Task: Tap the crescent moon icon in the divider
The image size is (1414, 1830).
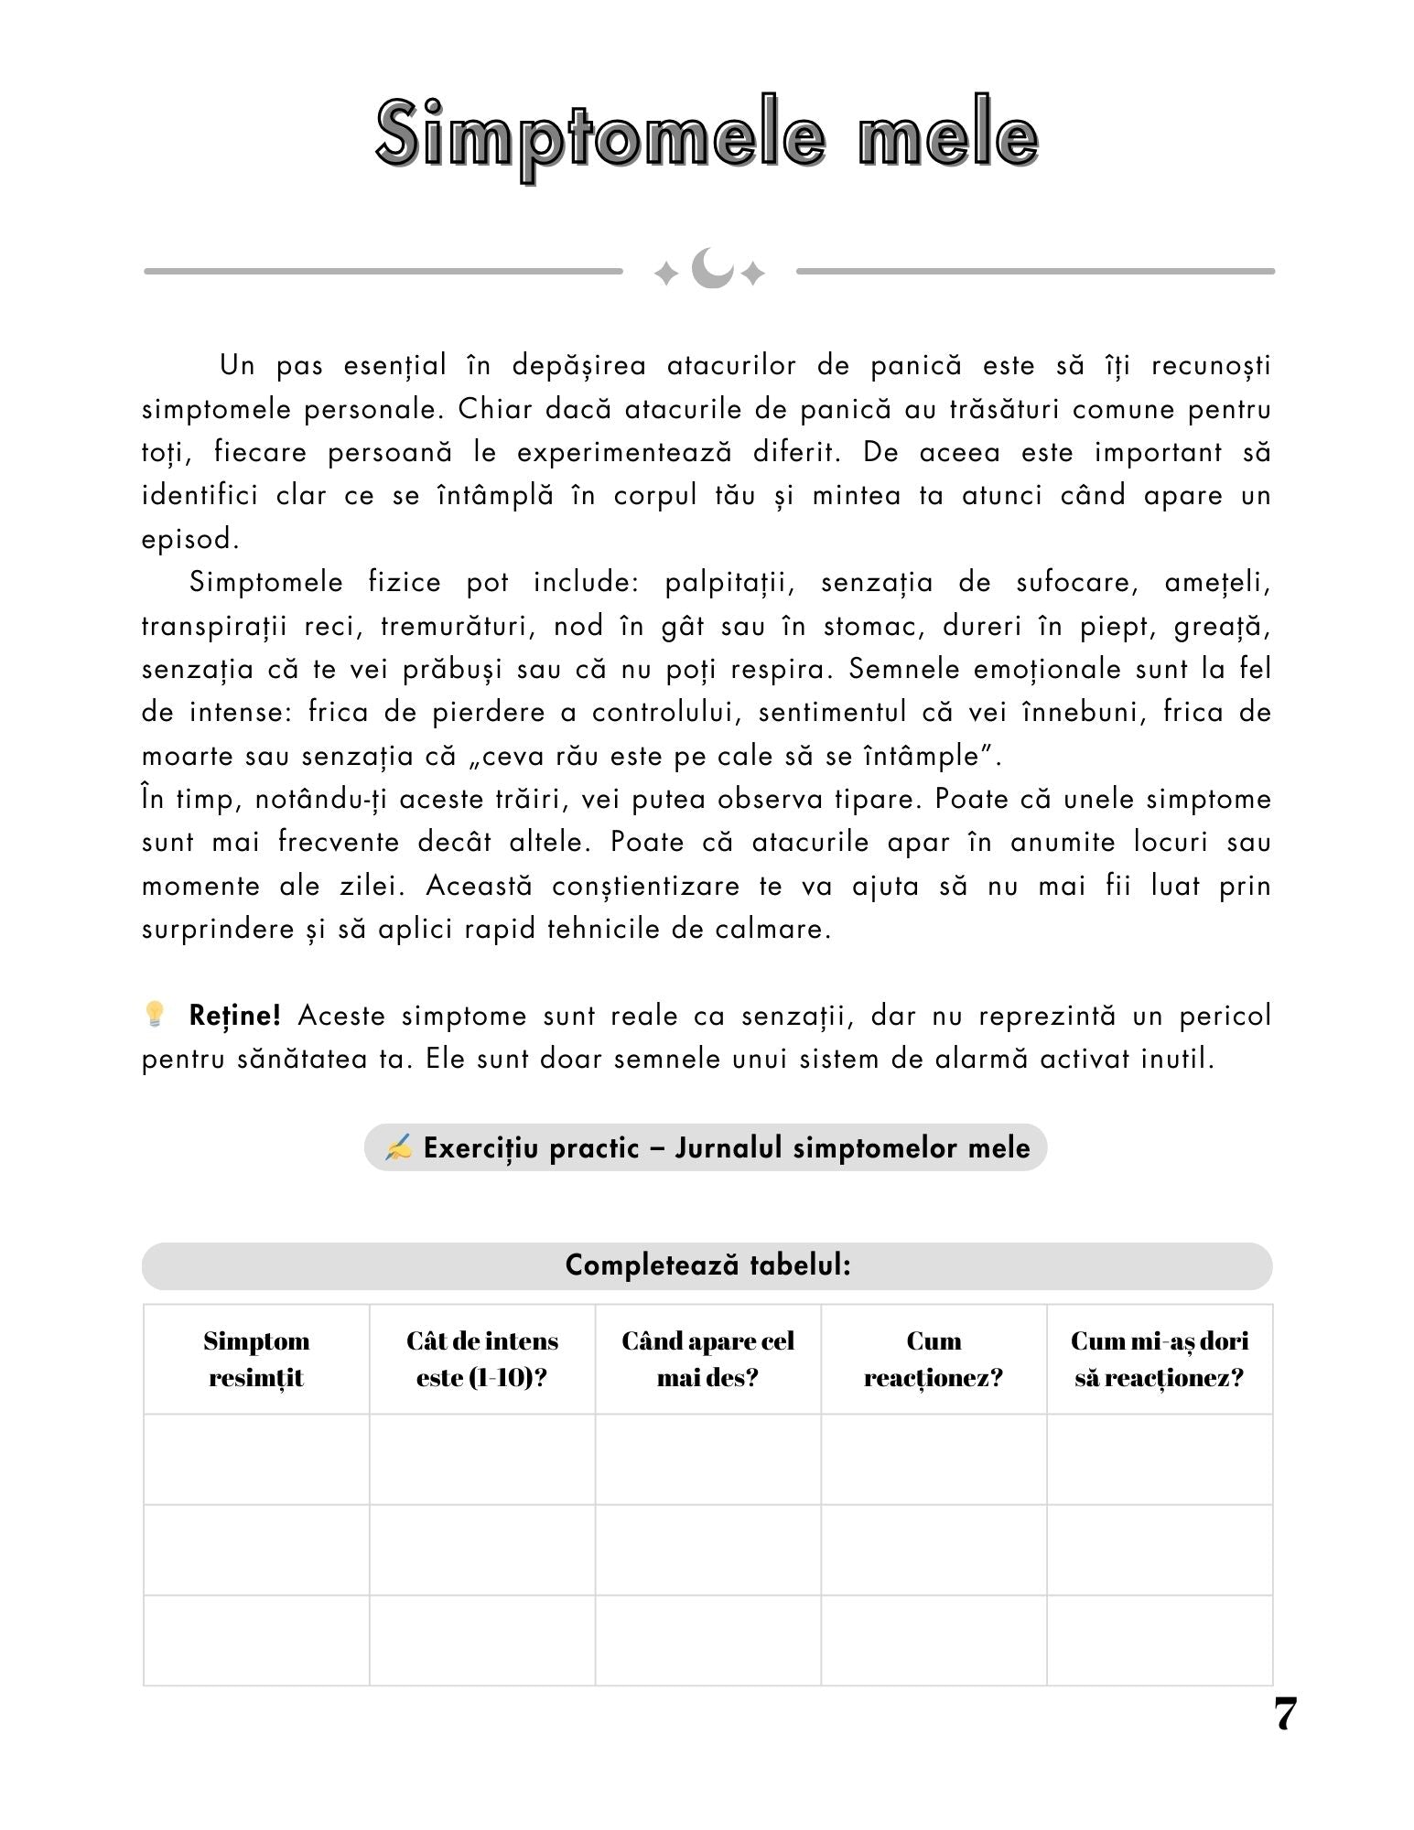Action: click(710, 269)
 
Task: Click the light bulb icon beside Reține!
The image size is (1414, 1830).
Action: click(155, 1013)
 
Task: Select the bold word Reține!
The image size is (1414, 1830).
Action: click(234, 1016)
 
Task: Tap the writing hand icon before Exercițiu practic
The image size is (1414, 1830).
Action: click(398, 1147)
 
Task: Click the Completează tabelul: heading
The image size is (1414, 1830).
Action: click(707, 1265)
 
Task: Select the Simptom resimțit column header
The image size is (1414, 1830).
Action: click(256, 1359)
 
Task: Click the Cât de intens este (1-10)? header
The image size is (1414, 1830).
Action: click(482, 1359)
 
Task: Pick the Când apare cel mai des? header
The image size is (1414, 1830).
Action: click(707, 1359)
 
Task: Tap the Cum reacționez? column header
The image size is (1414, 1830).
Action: click(934, 1359)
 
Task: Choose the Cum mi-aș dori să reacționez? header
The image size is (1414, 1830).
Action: click(1160, 1359)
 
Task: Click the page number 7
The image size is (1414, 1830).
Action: click(1285, 1714)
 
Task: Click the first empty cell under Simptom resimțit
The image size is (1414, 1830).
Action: click(256, 1459)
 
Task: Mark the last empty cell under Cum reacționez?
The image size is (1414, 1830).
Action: click(934, 1640)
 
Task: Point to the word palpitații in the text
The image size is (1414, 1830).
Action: click(729, 583)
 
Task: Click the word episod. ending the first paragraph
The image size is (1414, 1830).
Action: click(190, 539)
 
